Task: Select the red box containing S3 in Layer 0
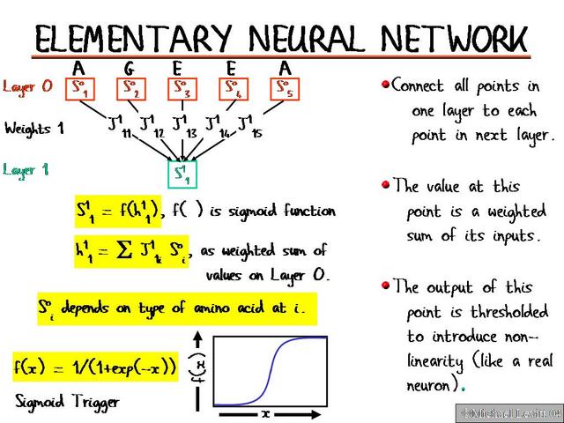tap(182, 89)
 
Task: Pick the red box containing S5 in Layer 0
tap(283, 89)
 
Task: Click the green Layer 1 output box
tap(182, 170)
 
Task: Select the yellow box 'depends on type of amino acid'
tap(176, 309)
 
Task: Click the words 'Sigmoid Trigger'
tap(66, 401)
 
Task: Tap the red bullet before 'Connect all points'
tap(385, 85)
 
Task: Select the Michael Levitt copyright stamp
tap(509, 412)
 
